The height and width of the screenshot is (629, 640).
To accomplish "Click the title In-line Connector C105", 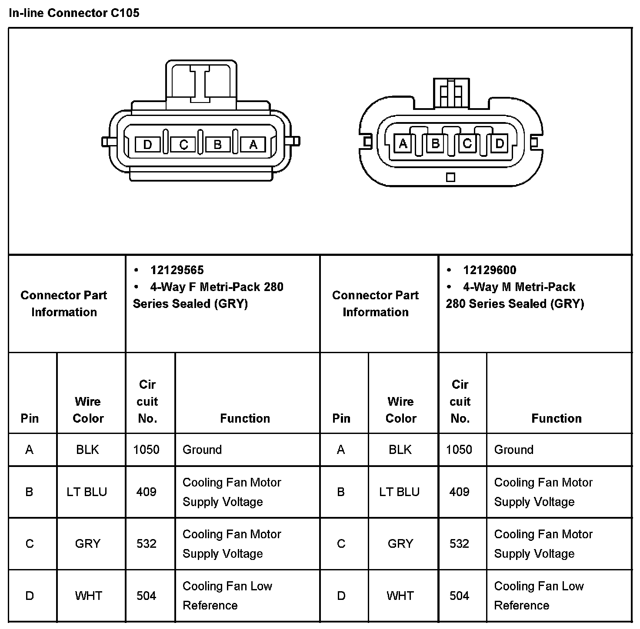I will click(x=74, y=13).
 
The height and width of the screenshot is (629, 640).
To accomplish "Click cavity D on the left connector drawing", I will click(x=148, y=144).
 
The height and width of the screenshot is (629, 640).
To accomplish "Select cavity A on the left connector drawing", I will click(x=253, y=144).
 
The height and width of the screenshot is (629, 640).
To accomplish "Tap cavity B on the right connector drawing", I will click(x=435, y=143).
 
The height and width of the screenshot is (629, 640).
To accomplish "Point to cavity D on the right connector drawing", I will click(x=500, y=143).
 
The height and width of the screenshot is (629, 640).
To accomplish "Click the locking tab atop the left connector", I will click(x=201, y=83).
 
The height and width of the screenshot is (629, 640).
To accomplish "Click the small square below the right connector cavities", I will click(x=451, y=177).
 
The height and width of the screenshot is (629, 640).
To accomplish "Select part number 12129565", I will click(x=177, y=270).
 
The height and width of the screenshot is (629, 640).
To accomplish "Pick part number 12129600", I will click(x=490, y=270).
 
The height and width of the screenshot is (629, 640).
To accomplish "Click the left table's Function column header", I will click(x=245, y=418).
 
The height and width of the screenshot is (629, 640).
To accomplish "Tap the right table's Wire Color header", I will click(x=400, y=410).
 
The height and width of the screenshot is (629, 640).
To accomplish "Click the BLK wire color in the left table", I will click(x=87, y=450).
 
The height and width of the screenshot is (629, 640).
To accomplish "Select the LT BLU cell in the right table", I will click(x=399, y=492).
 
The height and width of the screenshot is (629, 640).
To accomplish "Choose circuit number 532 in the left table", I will click(x=146, y=543).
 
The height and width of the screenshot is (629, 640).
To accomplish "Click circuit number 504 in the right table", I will click(x=459, y=596).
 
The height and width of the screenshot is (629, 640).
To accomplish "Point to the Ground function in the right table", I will click(x=513, y=450).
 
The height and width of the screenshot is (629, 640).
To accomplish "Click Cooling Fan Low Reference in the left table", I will click(x=227, y=596).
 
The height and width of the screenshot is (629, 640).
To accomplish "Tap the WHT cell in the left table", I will click(x=88, y=596).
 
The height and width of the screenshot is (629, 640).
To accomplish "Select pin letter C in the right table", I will click(x=341, y=543).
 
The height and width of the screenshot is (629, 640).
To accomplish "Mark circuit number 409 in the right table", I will click(x=459, y=492).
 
